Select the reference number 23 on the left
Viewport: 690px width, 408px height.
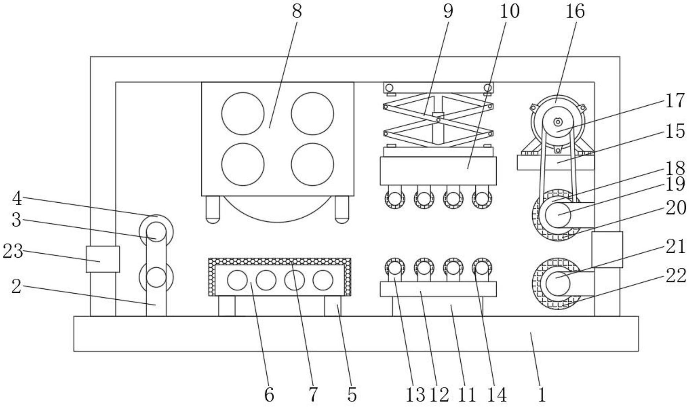(13, 251)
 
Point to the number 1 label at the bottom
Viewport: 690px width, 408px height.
(541, 395)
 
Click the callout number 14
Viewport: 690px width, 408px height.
(497, 395)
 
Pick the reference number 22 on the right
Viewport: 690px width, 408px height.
(676, 275)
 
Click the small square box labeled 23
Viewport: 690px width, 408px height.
(103, 259)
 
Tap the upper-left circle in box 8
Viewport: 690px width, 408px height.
(243, 113)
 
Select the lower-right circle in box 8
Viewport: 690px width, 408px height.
(312, 164)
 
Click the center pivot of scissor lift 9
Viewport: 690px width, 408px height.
(439, 119)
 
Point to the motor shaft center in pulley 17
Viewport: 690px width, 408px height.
(557, 122)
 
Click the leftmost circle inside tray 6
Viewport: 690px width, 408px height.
(237, 280)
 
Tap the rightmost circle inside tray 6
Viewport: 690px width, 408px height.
(323, 280)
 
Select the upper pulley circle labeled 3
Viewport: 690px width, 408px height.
(156, 231)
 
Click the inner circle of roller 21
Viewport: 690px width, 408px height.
(556, 284)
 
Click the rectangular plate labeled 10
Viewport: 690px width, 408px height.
(438, 171)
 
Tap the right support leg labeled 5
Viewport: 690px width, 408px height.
(333, 306)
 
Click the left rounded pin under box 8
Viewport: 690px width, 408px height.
(213, 210)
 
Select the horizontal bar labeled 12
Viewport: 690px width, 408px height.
(438, 289)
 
